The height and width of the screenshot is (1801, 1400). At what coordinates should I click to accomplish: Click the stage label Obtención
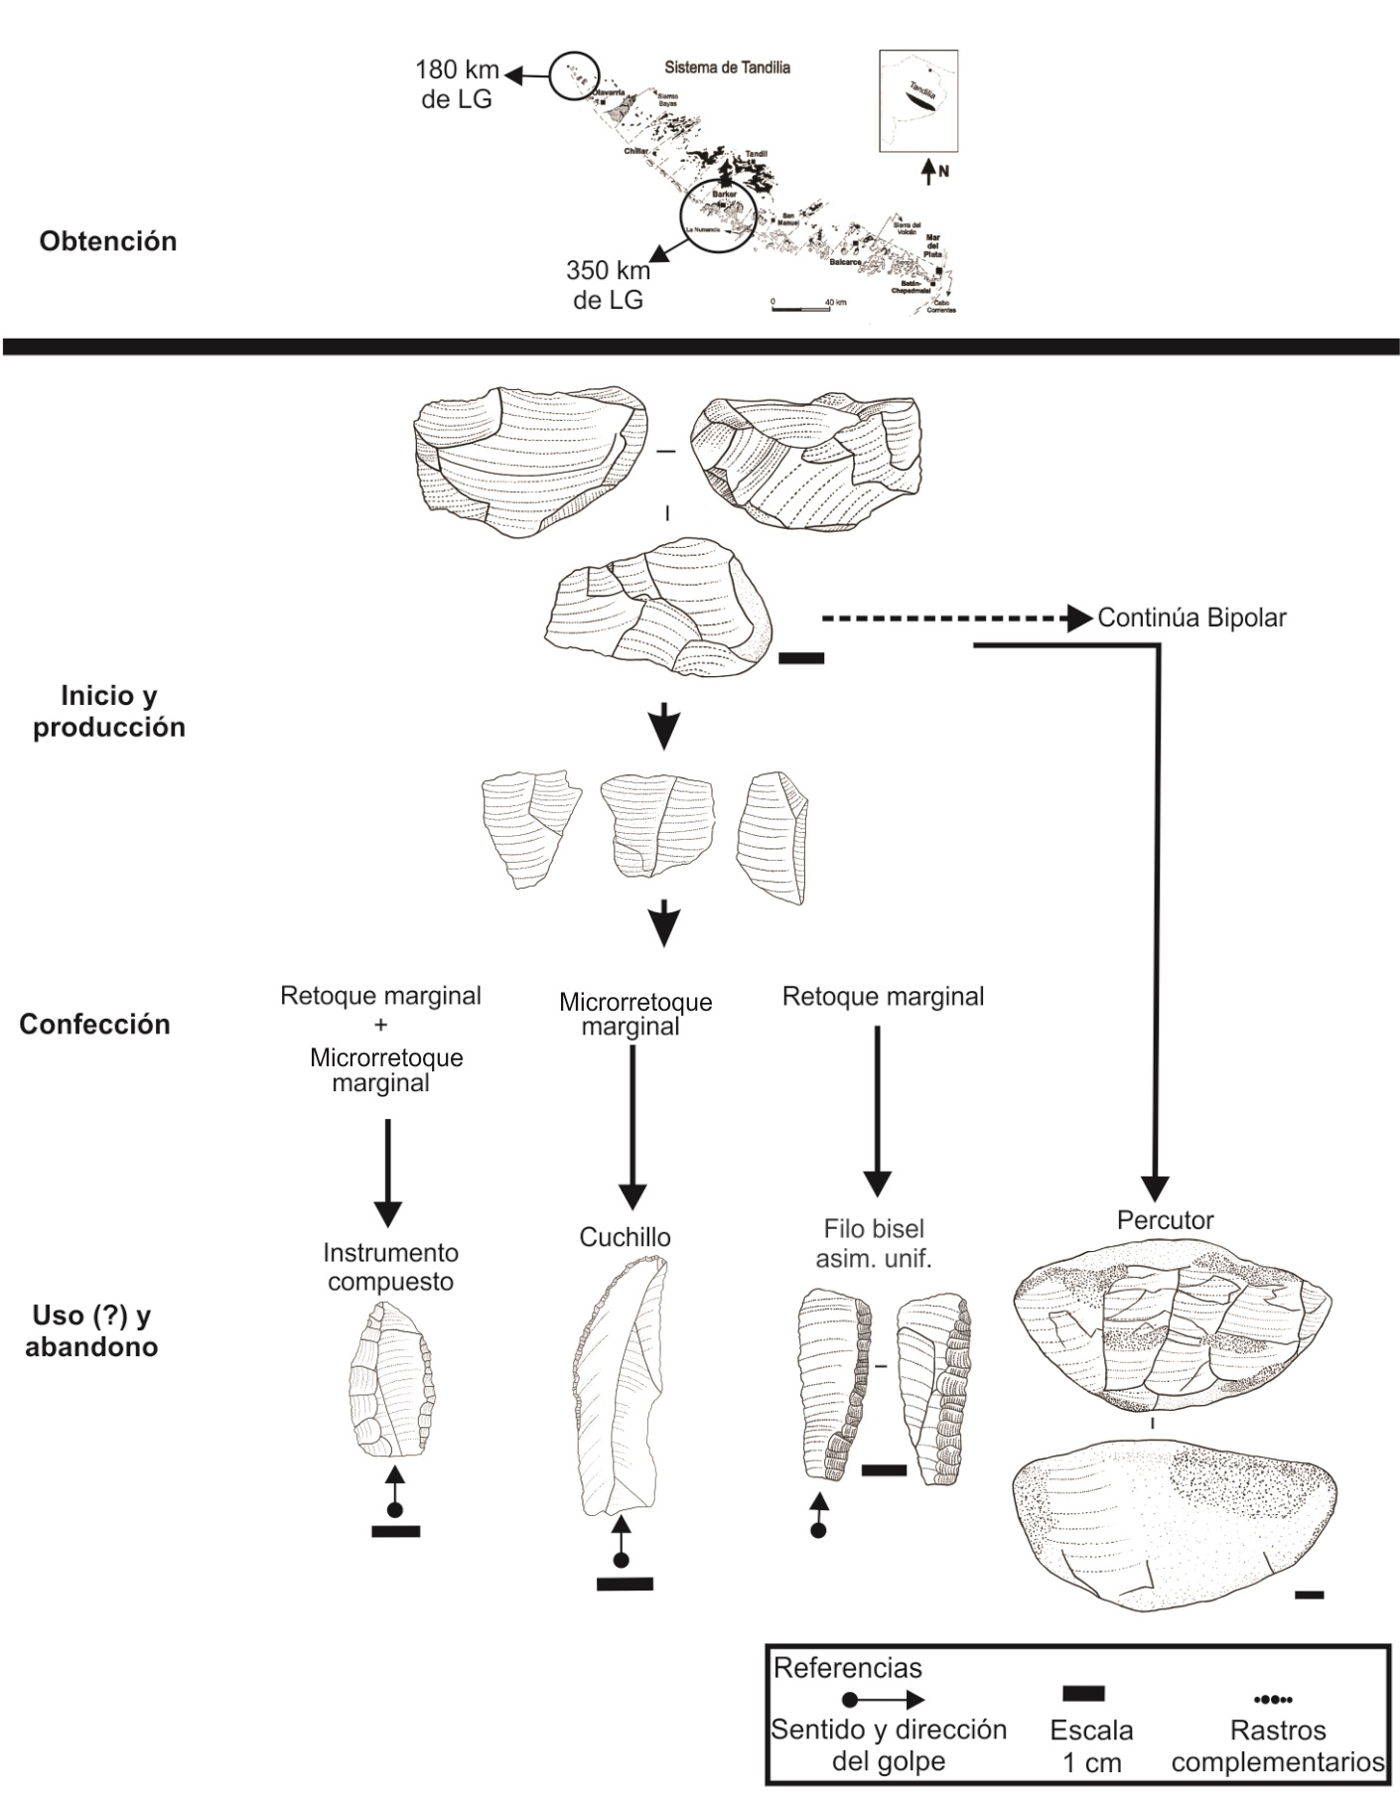point(108,241)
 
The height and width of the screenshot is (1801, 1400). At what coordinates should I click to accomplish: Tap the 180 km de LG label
point(457,84)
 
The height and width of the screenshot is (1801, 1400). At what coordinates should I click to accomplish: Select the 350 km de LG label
point(608,284)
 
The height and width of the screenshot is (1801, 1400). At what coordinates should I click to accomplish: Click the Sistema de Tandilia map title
point(727,69)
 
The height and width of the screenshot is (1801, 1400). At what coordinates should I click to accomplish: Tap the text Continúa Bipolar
point(1191,618)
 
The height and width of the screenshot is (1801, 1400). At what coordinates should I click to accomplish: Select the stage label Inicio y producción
point(108,711)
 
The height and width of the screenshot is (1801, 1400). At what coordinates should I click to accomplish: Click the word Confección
point(94,1025)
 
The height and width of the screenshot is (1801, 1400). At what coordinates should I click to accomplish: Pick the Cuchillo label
point(625,1237)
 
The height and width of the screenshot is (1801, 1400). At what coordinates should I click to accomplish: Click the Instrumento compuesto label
point(390,1267)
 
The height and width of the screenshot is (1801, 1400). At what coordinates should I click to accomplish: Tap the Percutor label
point(1165,1220)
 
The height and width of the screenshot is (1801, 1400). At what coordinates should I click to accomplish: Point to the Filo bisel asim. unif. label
point(874,1244)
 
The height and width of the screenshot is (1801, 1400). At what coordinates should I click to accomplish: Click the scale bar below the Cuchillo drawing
point(625,1584)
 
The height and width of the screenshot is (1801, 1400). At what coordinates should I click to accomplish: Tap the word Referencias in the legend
point(847,1667)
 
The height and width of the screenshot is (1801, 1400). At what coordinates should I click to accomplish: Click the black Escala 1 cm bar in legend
point(1083,1694)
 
